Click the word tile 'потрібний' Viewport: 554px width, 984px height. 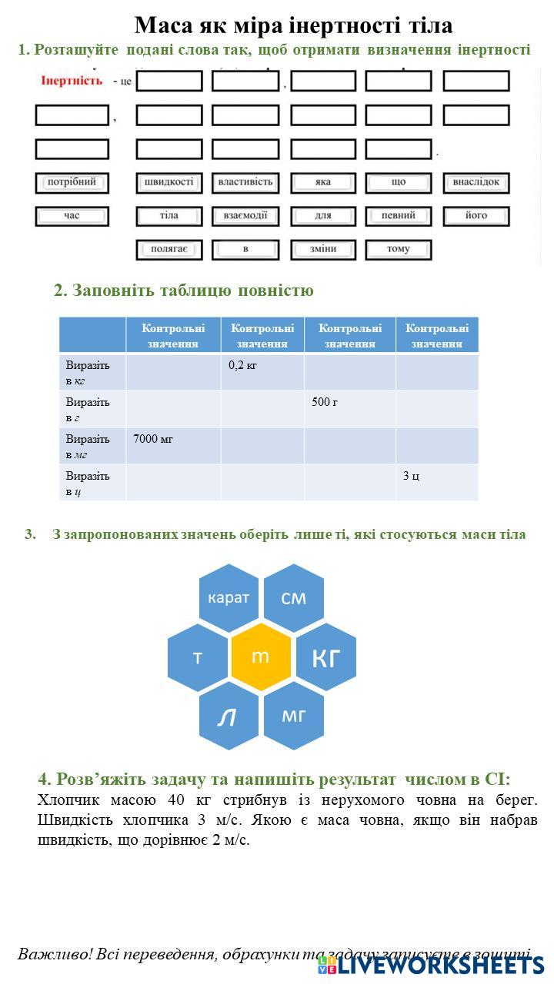72,183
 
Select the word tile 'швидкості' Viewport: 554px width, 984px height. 169,183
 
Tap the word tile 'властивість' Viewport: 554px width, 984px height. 245,183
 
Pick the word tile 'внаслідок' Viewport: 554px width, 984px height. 476,183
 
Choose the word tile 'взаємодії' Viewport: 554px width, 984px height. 245,216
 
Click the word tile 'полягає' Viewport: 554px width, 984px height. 169,249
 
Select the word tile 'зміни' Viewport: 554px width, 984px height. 323,249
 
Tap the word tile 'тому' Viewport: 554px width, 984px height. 399,249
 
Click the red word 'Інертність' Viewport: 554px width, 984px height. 72,81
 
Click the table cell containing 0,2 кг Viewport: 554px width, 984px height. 262,372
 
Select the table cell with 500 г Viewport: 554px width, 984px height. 349,409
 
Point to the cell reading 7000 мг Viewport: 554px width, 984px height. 173,446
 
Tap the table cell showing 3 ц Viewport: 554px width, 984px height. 436,483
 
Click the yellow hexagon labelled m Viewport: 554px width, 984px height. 261,657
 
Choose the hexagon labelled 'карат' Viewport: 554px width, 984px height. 229,598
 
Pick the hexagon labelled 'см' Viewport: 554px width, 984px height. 293,597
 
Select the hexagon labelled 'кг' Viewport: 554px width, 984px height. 325,657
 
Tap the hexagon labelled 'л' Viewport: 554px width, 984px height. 229,716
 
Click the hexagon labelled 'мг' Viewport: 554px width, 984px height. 293,716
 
